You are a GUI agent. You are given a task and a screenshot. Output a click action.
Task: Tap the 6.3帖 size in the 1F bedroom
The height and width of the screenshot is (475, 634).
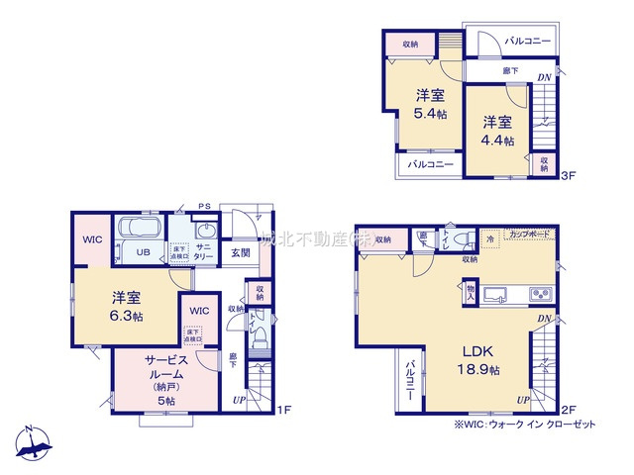point(126,316)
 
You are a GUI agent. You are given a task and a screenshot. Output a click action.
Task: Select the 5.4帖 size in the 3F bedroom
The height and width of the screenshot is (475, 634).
point(429,115)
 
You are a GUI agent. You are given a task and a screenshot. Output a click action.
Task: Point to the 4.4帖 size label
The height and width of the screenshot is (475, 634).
point(498,142)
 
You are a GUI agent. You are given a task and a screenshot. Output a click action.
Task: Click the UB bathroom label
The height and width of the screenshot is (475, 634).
point(143,251)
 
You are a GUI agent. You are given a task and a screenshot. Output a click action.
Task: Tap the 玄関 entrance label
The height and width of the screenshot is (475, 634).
point(241,252)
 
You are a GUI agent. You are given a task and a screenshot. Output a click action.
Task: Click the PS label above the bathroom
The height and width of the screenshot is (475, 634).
point(205,207)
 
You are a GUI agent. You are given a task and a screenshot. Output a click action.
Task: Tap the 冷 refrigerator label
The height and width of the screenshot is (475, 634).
point(490,238)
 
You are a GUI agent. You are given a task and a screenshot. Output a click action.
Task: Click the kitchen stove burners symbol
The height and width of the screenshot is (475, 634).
point(539,294)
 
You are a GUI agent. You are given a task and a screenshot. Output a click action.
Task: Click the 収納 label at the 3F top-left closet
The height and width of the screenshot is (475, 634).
point(410,44)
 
